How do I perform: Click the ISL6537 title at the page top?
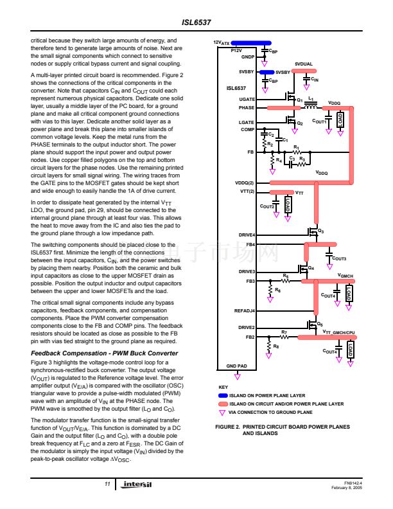pyautogui.click(x=197, y=22)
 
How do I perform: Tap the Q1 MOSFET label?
pyautogui.click(x=299, y=100)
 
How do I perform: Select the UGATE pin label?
pyautogui.click(x=247, y=99)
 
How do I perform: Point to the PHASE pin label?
pyautogui.click(x=247, y=108)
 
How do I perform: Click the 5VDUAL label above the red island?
pyautogui.click(x=304, y=64)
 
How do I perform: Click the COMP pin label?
pyautogui.click(x=247, y=129)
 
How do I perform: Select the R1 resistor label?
pyautogui.click(x=296, y=148)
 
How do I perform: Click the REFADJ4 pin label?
pyautogui.click(x=244, y=310)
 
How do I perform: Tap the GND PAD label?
pyautogui.click(x=236, y=366)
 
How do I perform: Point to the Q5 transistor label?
pyautogui.click(x=320, y=325)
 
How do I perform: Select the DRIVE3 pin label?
pyautogui.click(x=247, y=272)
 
